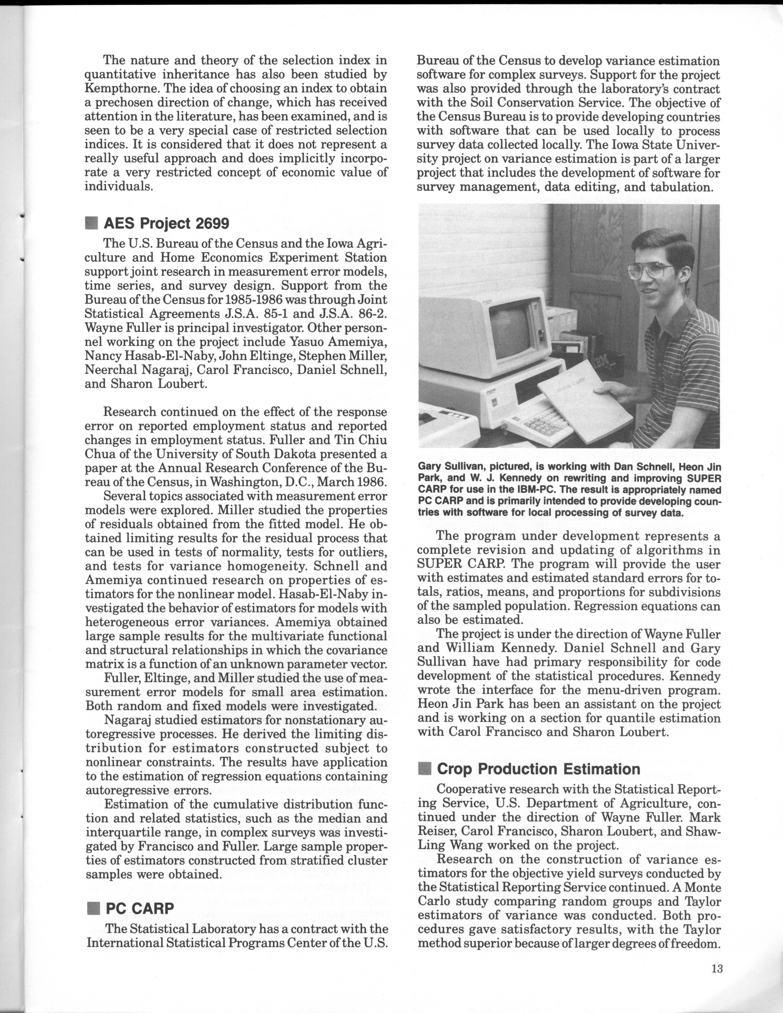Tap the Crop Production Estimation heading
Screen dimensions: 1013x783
[x=538, y=769]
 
